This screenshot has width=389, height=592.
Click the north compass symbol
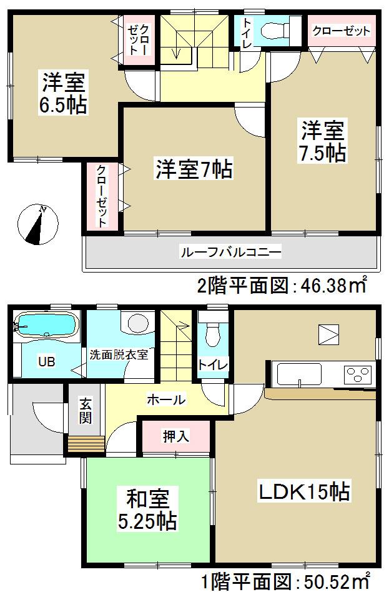pos(37,224)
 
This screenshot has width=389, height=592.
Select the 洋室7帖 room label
pos(194,169)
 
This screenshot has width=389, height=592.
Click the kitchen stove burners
pos(358,374)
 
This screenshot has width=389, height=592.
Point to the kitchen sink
pos(299,374)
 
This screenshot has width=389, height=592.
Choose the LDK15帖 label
pos(304,491)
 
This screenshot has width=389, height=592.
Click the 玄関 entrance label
pos(86,411)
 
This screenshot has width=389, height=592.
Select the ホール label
pos(165,399)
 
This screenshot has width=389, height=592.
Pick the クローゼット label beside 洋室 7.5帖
pos(342,31)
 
